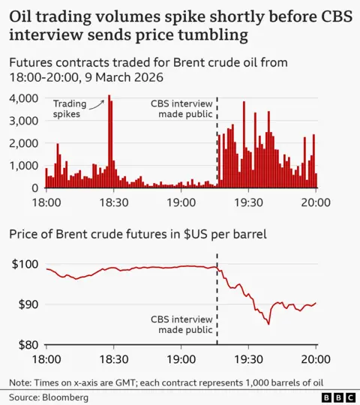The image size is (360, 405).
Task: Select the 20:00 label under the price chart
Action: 315,360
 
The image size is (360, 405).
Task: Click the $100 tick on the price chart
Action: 25,264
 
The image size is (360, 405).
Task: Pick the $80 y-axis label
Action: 28,345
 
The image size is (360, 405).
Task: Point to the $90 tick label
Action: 28,304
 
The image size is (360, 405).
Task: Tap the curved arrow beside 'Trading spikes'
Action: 96,110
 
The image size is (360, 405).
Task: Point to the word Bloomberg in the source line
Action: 64,395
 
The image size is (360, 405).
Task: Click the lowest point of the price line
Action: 268,324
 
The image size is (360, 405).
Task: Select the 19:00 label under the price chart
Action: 181,360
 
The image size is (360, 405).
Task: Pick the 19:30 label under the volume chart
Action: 247,202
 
